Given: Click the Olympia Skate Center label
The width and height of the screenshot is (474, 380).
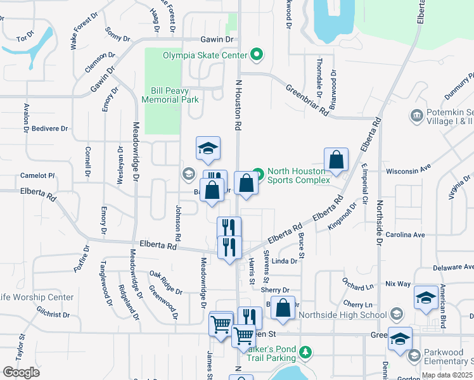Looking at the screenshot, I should coord(205,56).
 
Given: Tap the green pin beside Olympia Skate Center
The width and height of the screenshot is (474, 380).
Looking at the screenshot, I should coord(257,55).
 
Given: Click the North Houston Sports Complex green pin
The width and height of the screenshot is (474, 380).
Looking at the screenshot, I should coord(257,172).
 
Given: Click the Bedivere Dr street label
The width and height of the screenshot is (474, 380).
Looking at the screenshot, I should coord(47,129).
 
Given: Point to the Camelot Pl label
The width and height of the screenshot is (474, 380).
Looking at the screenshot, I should coord(38,175).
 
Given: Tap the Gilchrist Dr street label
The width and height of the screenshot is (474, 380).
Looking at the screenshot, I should coord(53,314).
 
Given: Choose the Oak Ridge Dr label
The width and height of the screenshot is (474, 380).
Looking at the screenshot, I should coord(165,283).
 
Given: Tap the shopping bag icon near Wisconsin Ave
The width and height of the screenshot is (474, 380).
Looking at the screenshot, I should coord(336,161).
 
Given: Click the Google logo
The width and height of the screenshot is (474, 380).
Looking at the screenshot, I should coord(21,372).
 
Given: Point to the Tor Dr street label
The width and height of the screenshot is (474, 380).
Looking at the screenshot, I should coord(25,39).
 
